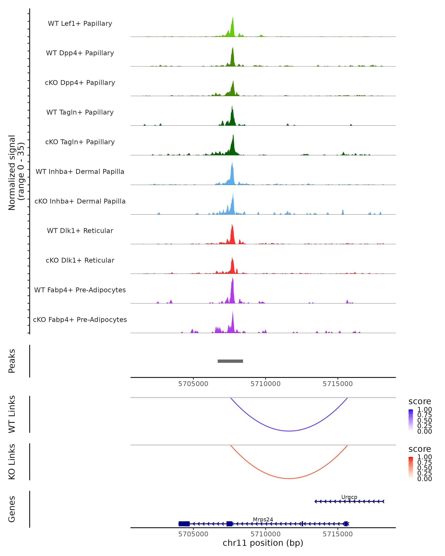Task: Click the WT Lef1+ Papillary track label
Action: point(80,24)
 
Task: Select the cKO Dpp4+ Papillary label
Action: point(80,83)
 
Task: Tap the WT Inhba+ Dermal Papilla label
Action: point(80,172)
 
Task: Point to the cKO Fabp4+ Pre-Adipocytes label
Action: point(80,320)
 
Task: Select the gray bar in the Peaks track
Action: point(230,361)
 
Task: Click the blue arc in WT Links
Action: point(289,431)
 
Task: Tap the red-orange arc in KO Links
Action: point(289,478)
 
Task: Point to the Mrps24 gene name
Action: point(263,519)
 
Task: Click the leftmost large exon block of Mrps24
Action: point(184,524)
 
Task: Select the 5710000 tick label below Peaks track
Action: point(266,384)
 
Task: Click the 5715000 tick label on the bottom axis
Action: point(337,534)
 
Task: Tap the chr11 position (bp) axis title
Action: point(263,543)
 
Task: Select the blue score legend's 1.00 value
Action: point(424,410)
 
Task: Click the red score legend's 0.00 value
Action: point(424,479)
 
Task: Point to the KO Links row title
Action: point(12,462)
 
